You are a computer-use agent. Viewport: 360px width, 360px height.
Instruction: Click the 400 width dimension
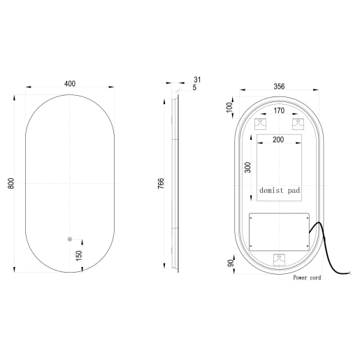click(70, 83)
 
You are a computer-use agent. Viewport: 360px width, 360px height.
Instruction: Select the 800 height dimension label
click(11, 183)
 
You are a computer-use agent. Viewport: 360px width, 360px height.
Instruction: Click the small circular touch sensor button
click(70, 240)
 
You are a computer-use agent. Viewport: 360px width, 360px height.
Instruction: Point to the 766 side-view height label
click(161, 184)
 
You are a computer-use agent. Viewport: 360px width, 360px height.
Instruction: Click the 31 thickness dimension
click(198, 79)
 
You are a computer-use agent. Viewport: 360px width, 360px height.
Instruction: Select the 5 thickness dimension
click(196, 88)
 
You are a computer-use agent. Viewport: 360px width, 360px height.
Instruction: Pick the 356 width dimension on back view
click(279, 87)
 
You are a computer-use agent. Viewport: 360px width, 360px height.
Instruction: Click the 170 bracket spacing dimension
click(279, 110)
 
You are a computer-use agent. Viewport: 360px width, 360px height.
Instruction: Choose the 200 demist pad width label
click(279, 140)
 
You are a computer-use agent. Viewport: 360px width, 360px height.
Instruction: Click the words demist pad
click(278, 190)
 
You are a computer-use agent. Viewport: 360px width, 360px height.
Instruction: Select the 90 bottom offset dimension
click(229, 263)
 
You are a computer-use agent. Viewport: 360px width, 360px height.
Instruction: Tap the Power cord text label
click(308, 278)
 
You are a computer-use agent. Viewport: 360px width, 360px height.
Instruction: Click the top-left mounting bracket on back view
click(260, 124)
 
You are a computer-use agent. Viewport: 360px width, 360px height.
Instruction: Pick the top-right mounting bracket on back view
click(297, 124)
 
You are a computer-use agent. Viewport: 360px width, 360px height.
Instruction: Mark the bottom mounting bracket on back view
click(279, 258)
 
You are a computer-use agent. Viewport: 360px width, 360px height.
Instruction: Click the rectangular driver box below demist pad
click(279, 230)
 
